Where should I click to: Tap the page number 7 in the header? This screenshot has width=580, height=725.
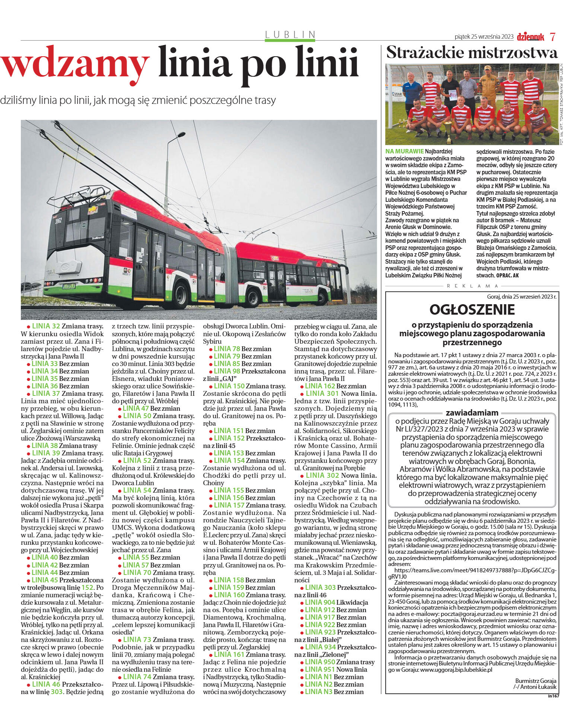tap(553, 37)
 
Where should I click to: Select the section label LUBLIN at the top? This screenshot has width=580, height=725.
tap(290, 35)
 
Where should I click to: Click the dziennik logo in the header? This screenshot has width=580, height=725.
tap(530, 37)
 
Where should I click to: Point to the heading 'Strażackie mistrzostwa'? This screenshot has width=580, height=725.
tap(472, 53)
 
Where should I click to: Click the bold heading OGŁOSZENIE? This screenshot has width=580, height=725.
tap(472, 310)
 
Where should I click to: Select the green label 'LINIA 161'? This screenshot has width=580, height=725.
tap(229, 655)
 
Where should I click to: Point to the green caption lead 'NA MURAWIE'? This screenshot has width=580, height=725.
tap(405, 151)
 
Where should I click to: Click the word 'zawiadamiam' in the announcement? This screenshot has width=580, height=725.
tap(472, 413)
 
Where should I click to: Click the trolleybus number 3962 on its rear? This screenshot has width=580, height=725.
tap(58, 221)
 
